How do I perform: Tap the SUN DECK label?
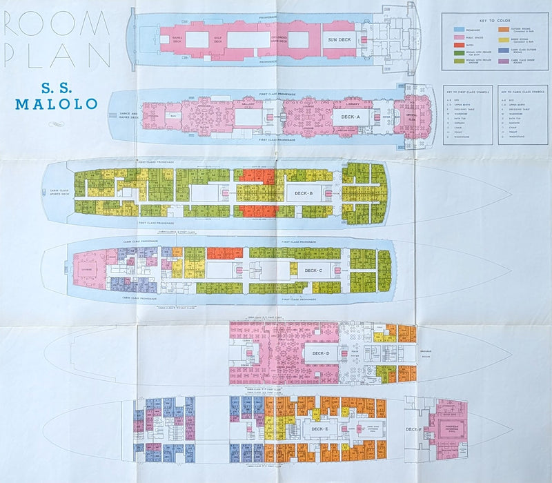pyautogui.click(x=341, y=40)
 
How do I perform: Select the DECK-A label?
pyautogui.click(x=346, y=119)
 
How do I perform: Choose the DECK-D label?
pyautogui.click(x=319, y=353)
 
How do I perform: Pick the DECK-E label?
pyautogui.click(x=319, y=430)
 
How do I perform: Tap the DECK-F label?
pyautogui.click(x=413, y=430)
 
